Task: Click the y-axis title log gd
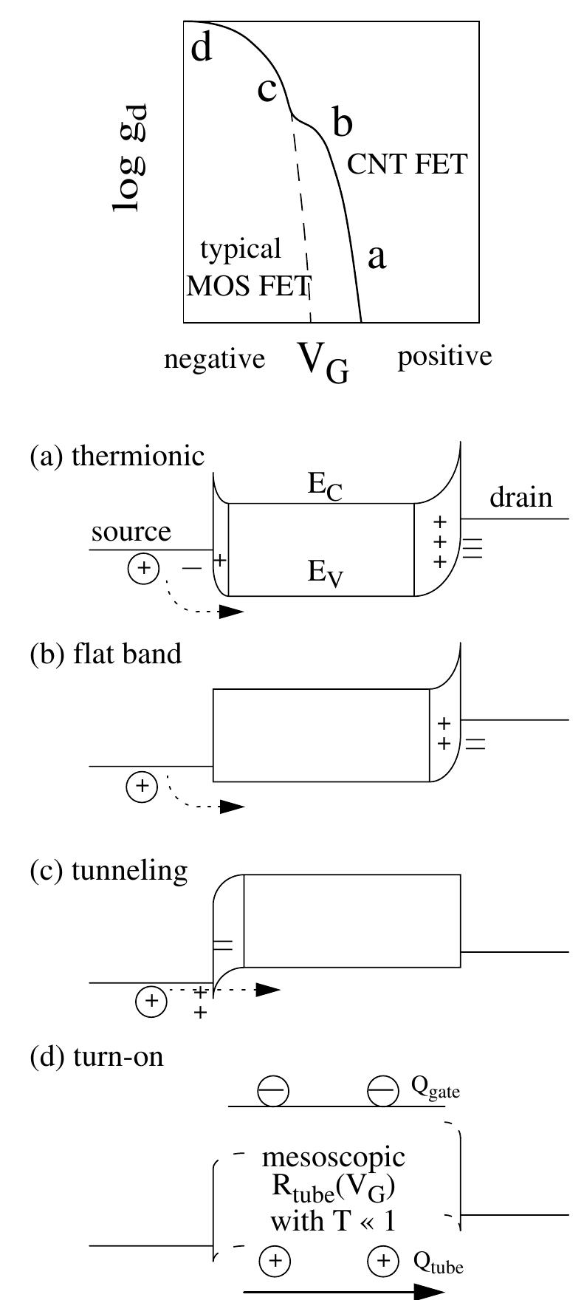click(x=131, y=158)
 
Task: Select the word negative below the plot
click(x=214, y=359)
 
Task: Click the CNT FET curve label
click(x=407, y=164)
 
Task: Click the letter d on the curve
click(x=201, y=48)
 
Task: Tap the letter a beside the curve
click(x=377, y=256)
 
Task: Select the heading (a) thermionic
click(x=117, y=456)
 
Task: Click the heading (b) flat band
click(x=106, y=654)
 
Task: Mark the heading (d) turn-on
click(x=97, y=1057)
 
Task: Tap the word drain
click(x=521, y=498)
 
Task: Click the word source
click(x=131, y=531)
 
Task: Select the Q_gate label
click(x=436, y=1089)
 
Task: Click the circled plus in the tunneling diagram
click(x=152, y=1001)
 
